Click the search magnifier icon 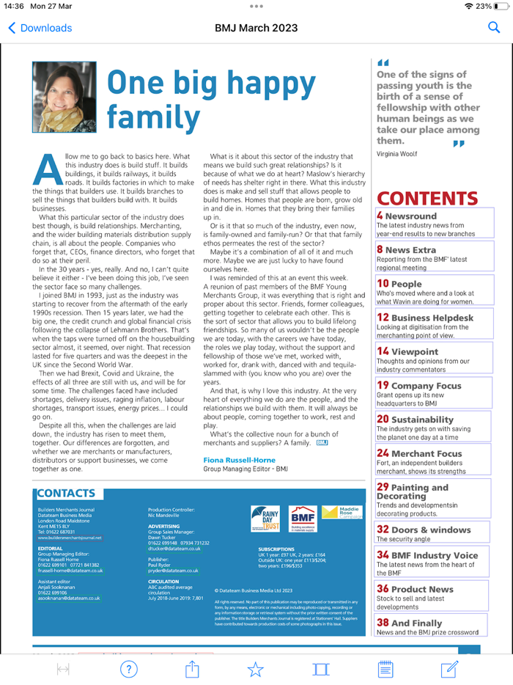pos(493,28)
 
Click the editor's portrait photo pos(64,97)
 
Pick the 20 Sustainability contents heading pos(415,420)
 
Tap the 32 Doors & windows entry pos(424,529)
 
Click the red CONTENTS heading pos(427,199)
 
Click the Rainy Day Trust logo pos(265,518)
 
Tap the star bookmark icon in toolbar pos(255,669)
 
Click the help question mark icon pos(128,669)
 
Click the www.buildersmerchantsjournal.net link pos(70,538)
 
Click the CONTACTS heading pos(66,494)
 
